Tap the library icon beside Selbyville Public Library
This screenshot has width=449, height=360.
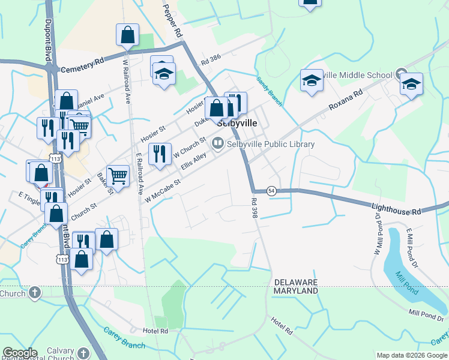click(x=217, y=143)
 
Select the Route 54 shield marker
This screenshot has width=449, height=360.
click(x=272, y=190)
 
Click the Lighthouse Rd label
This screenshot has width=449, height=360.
click(x=397, y=208)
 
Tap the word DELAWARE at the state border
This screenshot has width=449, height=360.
click(x=296, y=282)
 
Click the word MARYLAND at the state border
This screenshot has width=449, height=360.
click(x=296, y=290)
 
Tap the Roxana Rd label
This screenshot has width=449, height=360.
click(x=346, y=100)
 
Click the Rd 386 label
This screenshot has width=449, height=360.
click(x=211, y=61)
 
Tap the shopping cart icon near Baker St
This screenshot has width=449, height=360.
click(x=118, y=176)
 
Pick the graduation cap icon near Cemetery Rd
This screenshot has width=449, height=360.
click(x=163, y=75)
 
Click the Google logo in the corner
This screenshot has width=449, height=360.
click(x=20, y=353)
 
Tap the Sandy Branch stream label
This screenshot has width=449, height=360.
click(x=270, y=91)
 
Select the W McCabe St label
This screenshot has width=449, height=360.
click(x=159, y=188)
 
